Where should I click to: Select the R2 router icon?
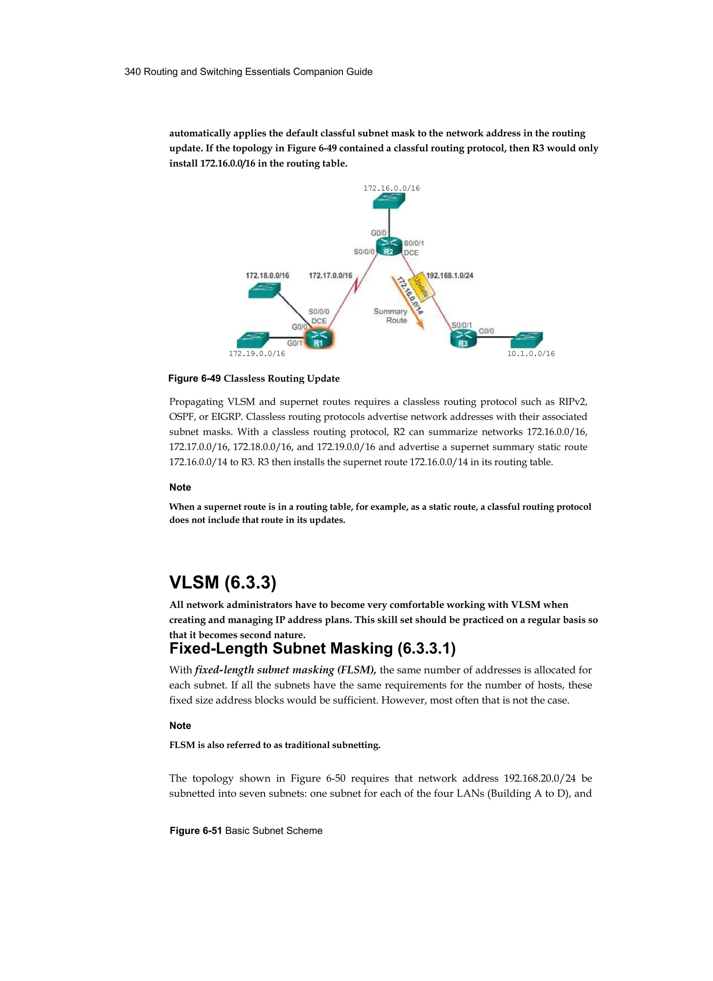(389, 248)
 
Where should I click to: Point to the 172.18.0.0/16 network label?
(267, 275)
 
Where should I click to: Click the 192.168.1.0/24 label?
(449, 275)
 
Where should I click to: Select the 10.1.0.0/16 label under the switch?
(531, 354)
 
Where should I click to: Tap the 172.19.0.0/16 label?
(257, 354)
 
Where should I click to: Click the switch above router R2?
(389, 201)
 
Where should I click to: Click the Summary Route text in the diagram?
(391, 316)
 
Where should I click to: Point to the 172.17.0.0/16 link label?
(330, 275)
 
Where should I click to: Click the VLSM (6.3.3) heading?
(222, 583)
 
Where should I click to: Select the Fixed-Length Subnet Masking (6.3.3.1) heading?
(312, 649)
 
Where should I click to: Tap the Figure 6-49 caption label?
(195, 378)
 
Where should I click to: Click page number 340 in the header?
(132, 72)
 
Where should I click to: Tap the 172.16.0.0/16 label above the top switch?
(392, 188)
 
